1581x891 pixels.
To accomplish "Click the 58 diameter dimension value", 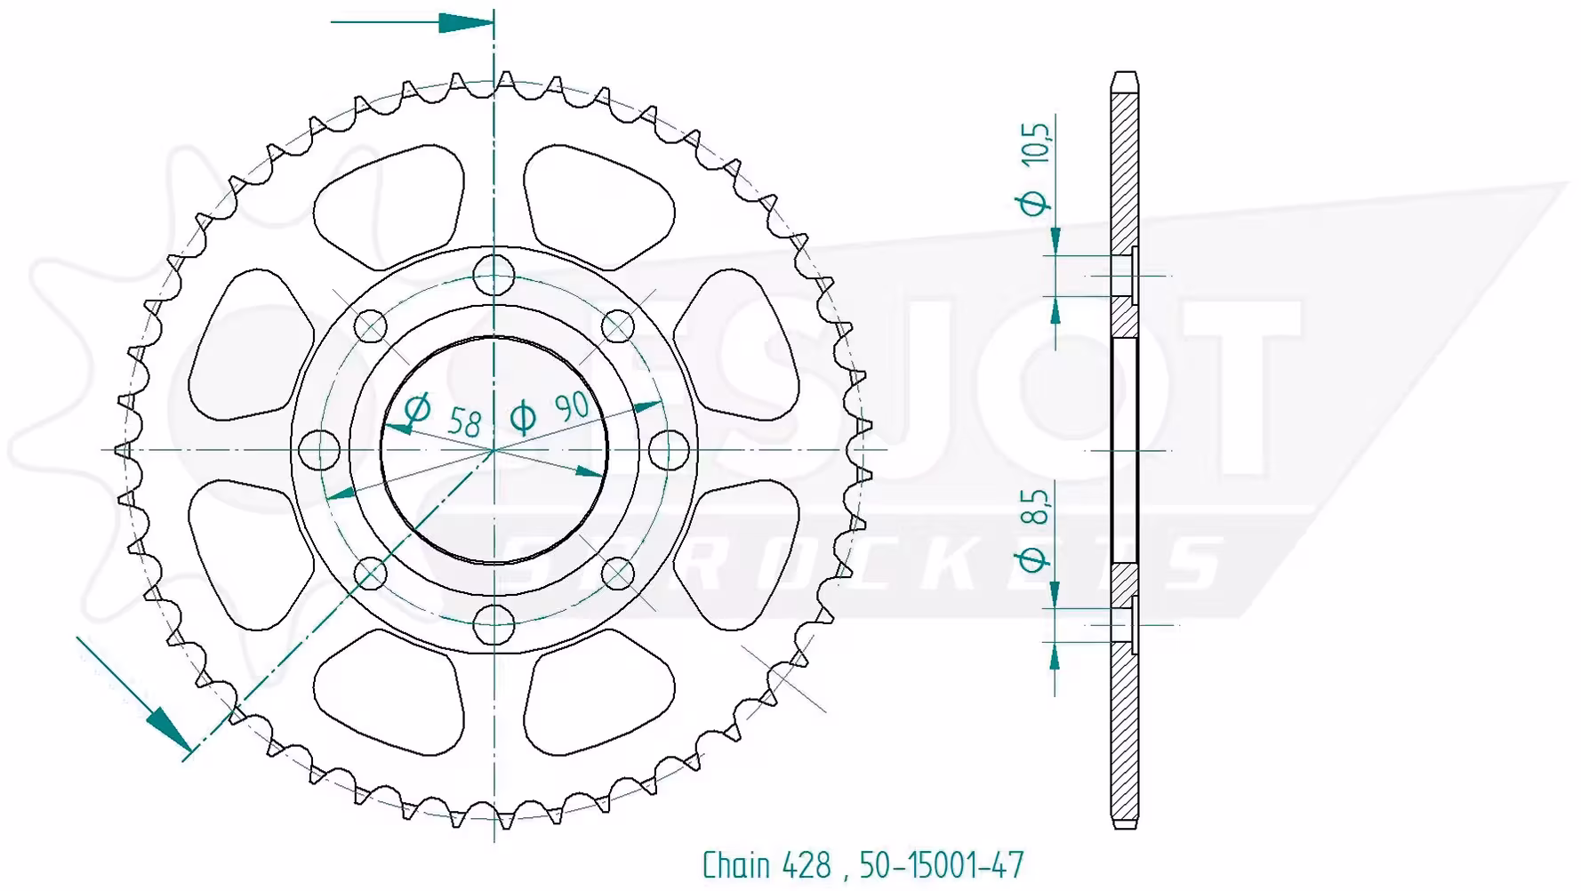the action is [x=464, y=421].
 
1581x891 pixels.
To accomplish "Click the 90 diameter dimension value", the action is [x=571, y=407].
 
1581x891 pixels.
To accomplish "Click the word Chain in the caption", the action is [x=736, y=864].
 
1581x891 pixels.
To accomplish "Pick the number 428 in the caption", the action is [x=807, y=864].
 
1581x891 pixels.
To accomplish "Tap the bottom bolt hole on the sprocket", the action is [x=494, y=624].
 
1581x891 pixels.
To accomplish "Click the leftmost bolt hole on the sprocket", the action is [x=320, y=450].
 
